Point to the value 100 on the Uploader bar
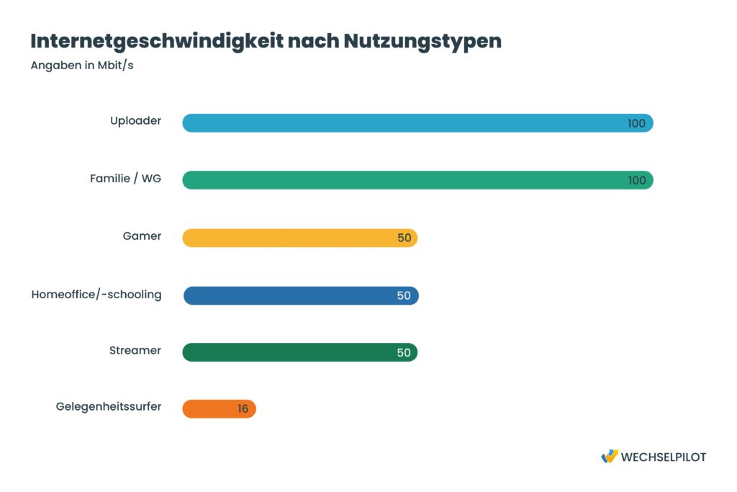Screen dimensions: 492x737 636,123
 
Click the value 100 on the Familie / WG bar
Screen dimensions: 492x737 636,181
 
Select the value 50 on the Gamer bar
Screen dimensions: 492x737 404,238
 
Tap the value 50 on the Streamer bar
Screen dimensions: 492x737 404,353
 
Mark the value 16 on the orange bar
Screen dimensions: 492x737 243,409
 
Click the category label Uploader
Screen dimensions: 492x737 135,121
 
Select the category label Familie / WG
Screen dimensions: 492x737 125,179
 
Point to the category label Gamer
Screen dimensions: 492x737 142,236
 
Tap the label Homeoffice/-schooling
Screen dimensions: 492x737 96,294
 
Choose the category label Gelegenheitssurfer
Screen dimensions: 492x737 109,407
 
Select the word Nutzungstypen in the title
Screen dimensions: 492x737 422,41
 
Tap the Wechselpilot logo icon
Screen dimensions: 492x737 609,457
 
